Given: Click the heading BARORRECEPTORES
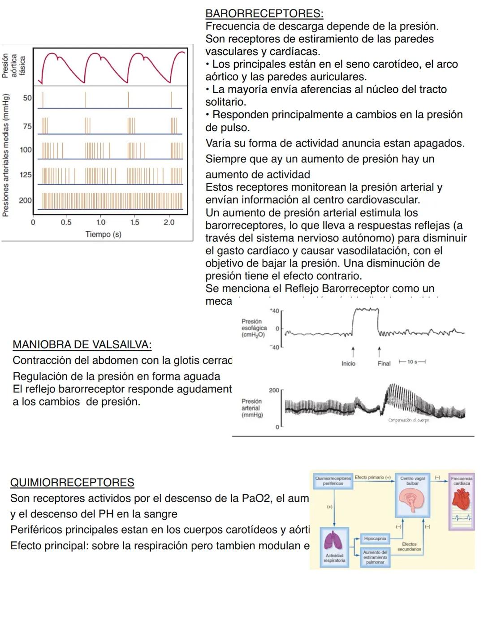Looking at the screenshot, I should [x=264, y=14].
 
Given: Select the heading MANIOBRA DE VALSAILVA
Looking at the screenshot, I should [x=82, y=345].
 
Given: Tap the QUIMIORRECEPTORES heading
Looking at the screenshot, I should [x=72, y=483].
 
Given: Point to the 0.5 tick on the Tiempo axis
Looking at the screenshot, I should [x=66, y=222].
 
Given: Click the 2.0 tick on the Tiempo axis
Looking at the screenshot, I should [x=169, y=222].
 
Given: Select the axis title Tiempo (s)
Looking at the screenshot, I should [x=103, y=234].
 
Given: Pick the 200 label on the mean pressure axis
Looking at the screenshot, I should [x=25, y=200].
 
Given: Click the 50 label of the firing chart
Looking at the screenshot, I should [x=27, y=98].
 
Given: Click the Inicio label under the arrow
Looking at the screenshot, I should [x=348, y=363].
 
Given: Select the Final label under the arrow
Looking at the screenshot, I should [x=384, y=363].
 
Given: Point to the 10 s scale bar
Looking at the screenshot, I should [x=412, y=362].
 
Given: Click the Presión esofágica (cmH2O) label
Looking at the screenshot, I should [x=254, y=328].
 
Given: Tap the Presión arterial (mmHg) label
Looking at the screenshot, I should [x=251, y=408].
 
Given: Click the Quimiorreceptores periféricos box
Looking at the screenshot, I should [x=333, y=481].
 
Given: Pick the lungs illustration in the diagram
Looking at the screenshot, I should [x=334, y=542].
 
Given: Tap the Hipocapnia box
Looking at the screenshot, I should [x=375, y=538].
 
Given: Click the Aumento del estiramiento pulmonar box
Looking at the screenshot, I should [x=375, y=557].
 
